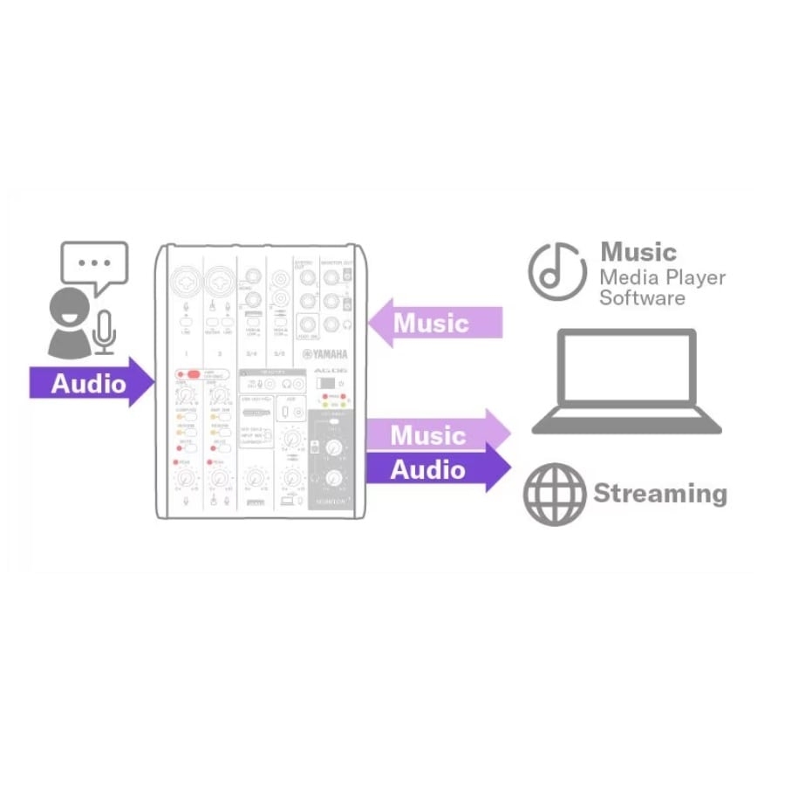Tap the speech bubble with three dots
(94, 264)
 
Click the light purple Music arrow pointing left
(436, 324)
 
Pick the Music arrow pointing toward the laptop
(436, 434)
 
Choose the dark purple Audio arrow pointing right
(436, 470)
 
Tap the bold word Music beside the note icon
(638, 252)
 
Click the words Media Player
(662, 277)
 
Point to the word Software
(642, 298)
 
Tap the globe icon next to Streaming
(555, 494)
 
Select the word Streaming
(660, 494)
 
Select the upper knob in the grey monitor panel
(331, 447)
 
